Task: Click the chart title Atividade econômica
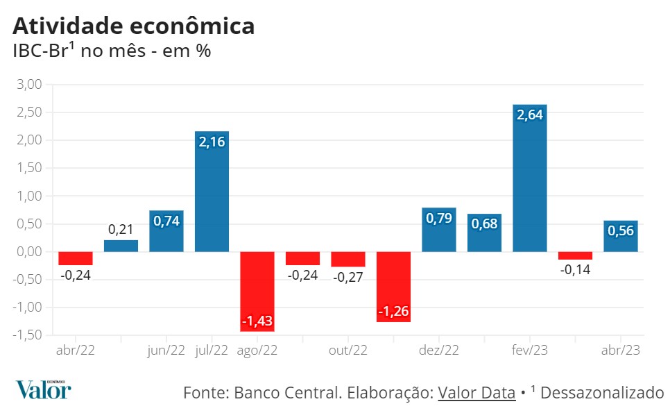133,26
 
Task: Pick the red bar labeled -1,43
257,292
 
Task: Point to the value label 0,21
121,229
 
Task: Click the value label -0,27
348,276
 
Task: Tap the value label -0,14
575,269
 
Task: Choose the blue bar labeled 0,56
621,236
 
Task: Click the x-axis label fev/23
530,351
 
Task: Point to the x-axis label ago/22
257,351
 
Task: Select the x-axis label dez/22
439,351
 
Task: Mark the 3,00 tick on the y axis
28,85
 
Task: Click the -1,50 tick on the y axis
27,335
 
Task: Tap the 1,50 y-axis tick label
28,168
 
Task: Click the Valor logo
43,390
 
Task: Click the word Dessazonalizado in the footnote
601,393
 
